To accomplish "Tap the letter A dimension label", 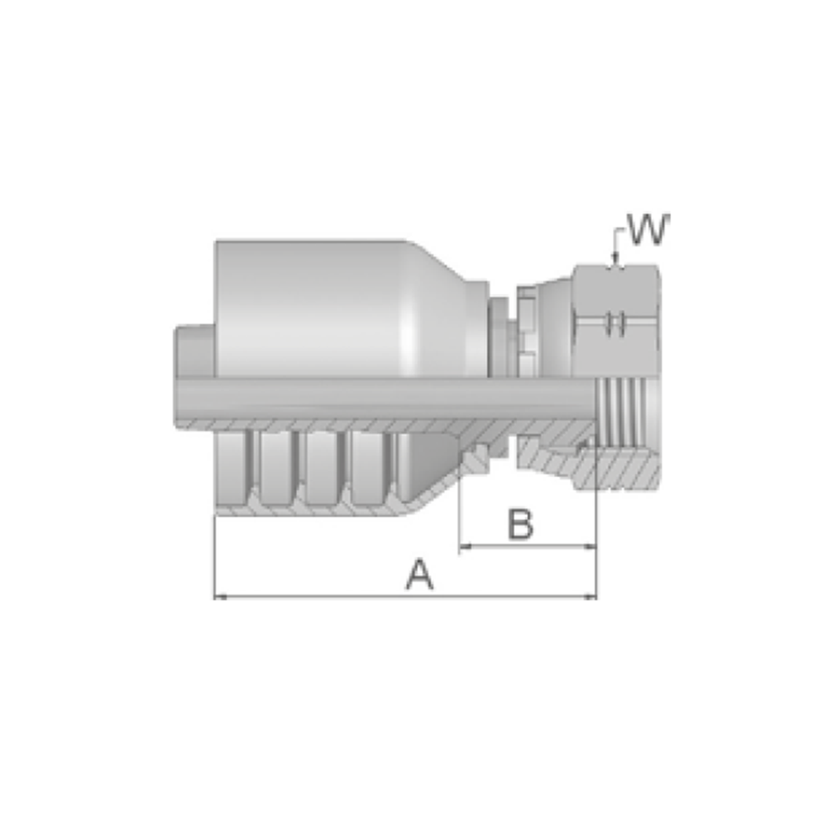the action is pos(420,575).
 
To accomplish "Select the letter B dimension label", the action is pos(520,524).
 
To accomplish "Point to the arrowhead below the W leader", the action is pos(614,258).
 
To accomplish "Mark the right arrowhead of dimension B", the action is pos(590,547).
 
